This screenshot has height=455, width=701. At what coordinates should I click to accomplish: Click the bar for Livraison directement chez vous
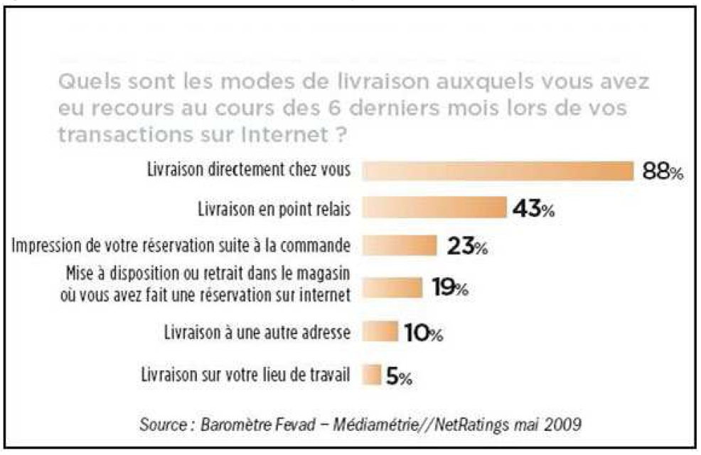498,171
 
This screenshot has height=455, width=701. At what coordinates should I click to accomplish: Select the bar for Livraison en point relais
434,208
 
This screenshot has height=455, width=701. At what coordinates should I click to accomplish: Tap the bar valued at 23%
400,246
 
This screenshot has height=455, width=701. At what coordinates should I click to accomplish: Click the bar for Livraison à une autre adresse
380,332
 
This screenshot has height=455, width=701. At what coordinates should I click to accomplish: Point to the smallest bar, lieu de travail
372,375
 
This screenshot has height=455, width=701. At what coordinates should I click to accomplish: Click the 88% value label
662,172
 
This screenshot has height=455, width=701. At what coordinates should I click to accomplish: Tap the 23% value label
467,247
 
